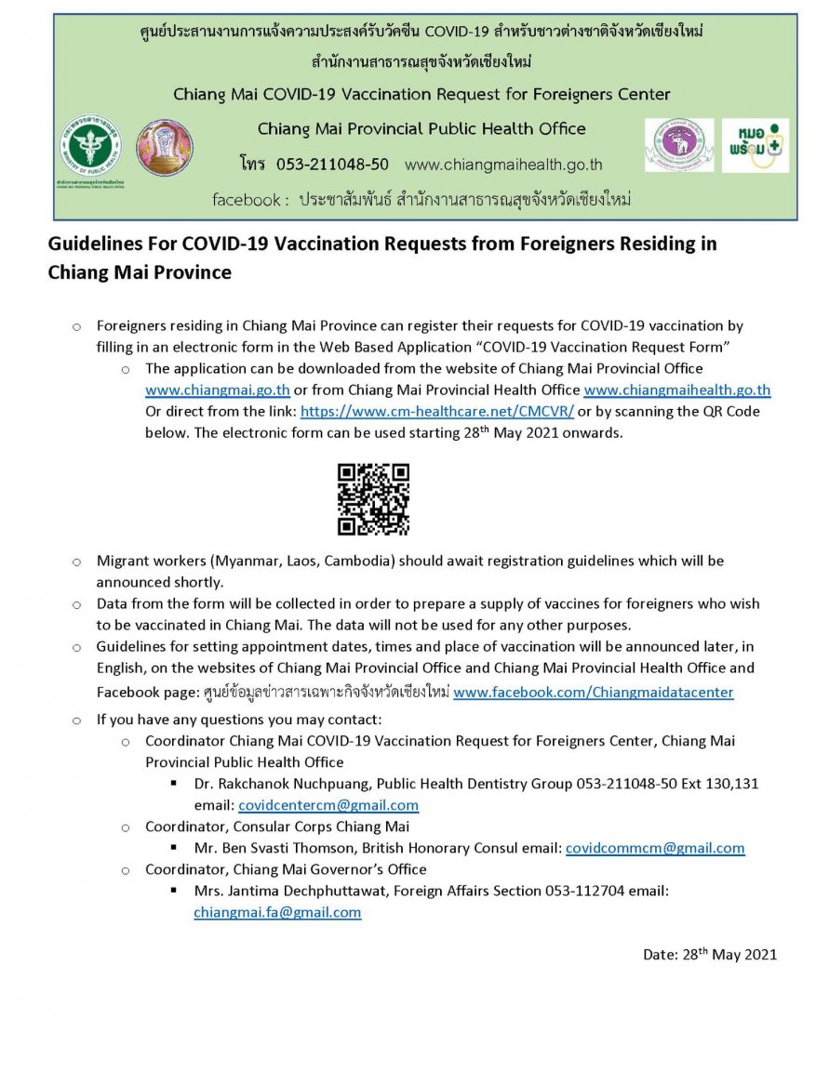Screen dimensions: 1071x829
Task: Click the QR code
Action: [372, 499]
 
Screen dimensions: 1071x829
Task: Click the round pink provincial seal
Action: [165, 147]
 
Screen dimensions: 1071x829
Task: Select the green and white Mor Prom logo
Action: [755, 144]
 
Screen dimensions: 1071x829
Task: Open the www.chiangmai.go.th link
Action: [218, 390]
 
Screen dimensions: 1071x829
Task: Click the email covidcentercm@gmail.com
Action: [328, 805]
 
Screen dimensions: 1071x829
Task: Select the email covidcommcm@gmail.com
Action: [655, 848]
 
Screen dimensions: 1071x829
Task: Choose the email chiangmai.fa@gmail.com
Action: [277, 913]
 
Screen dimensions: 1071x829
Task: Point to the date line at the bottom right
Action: [709, 954]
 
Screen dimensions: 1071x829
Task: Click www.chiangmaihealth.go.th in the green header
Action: [503, 165]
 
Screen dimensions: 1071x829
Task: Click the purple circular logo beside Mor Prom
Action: [678, 144]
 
